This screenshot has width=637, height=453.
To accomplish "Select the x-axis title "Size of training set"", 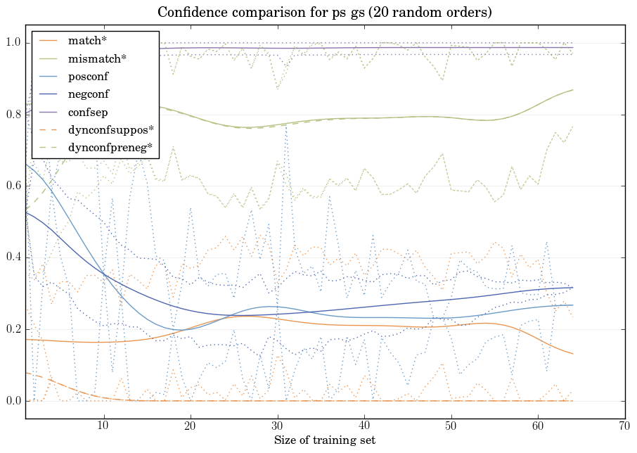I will click(x=324, y=440).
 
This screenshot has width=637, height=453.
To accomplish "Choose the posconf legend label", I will click(x=89, y=77).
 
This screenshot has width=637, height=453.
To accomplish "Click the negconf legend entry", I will click(x=89, y=94).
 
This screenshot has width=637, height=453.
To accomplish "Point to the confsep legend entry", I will click(x=88, y=112).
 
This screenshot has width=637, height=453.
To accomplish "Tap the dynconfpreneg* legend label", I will click(x=109, y=148).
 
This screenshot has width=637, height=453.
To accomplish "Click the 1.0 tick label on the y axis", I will click(x=13, y=44).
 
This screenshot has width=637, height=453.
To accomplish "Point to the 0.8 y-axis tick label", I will click(x=13, y=115).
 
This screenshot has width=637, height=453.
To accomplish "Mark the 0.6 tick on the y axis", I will click(x=13, y=186).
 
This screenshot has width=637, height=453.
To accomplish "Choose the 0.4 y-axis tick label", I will click(x=13, y=258).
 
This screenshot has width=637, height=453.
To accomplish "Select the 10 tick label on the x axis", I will click(x=103, y=426).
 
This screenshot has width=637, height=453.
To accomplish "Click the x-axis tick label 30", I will click(x=278, y=426).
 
